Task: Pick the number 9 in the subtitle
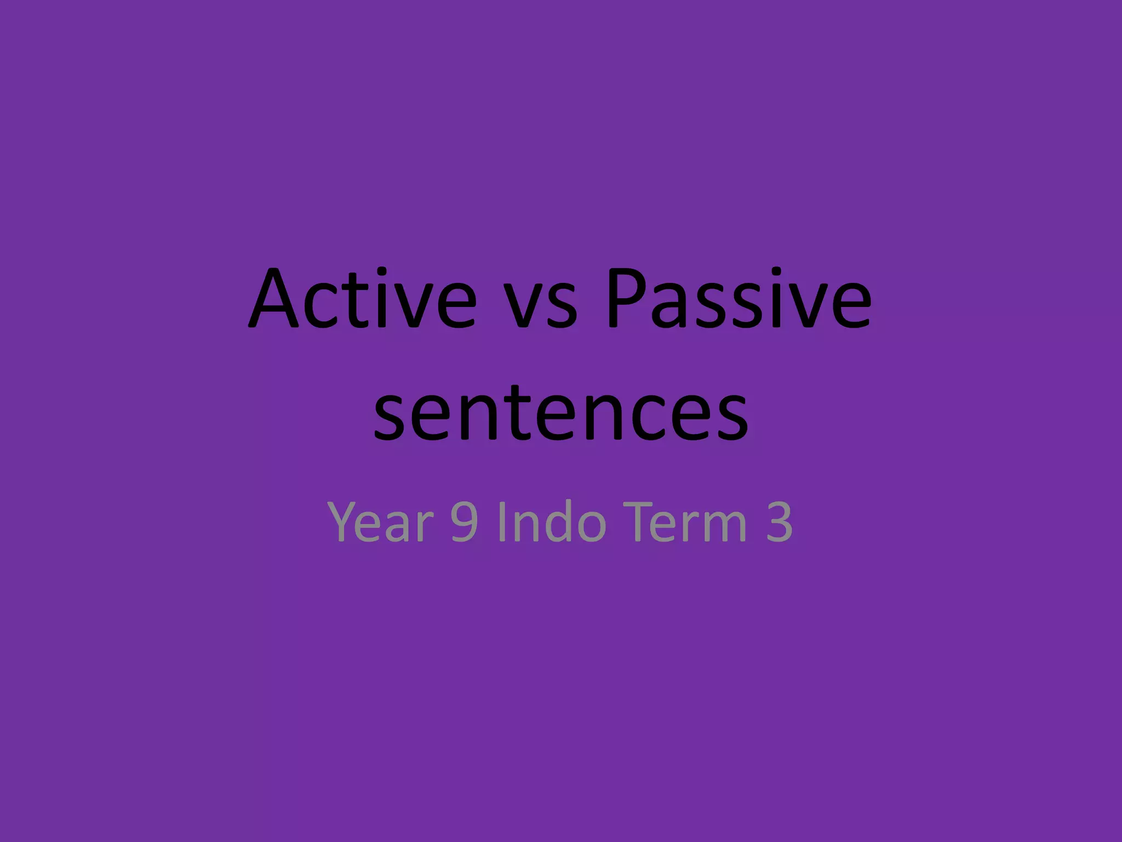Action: point(463,523)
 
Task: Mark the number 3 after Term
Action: point(778,523)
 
